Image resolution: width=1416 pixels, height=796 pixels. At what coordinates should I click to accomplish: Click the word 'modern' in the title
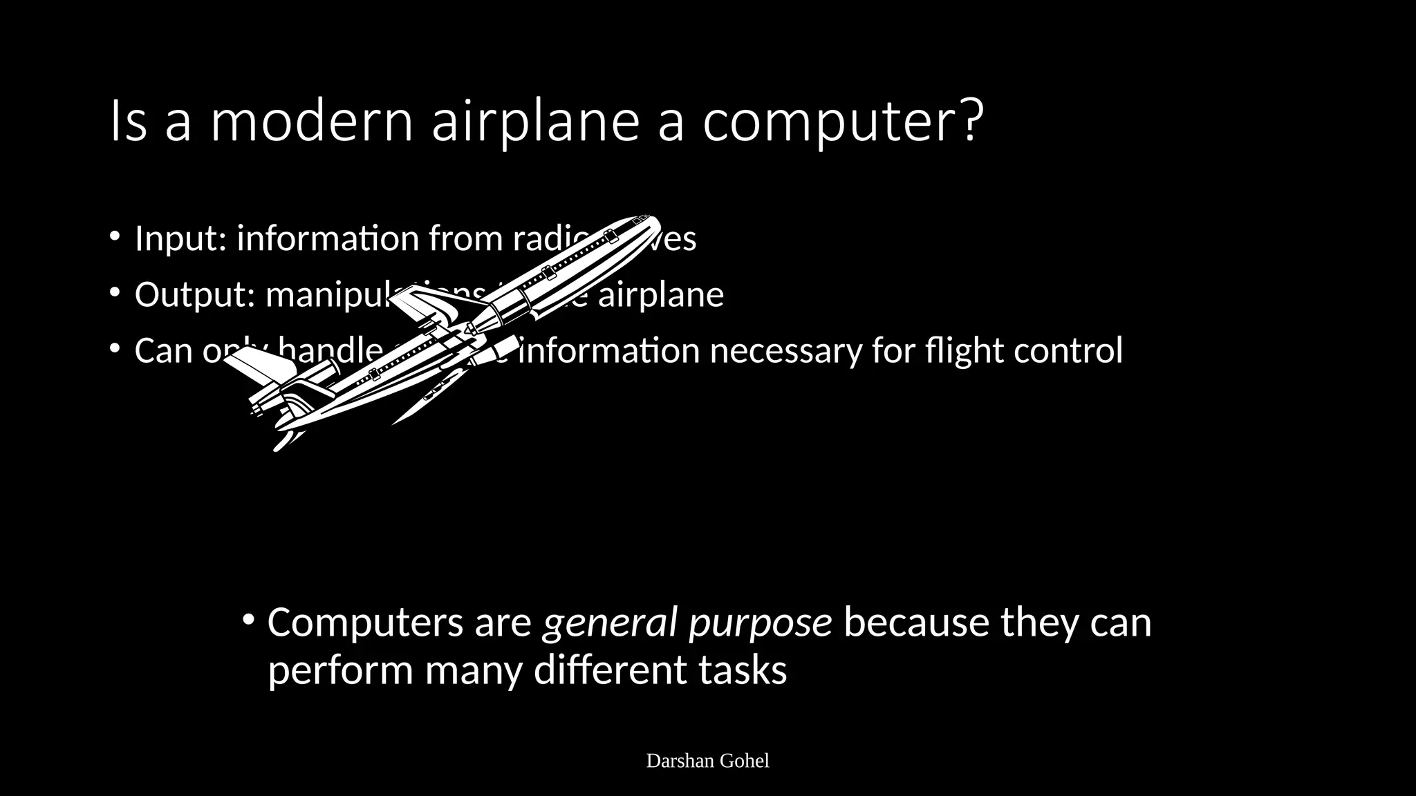tap(311, 122)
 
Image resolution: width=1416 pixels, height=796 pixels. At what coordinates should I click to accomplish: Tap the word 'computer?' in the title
tap(841, 122)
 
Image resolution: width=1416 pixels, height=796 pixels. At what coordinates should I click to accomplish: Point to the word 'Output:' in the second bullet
tap(195, 295)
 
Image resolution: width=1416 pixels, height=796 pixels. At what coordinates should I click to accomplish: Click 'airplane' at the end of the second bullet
tap(660, 295)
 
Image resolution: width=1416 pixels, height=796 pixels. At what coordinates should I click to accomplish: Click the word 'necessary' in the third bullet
tap(785, 350)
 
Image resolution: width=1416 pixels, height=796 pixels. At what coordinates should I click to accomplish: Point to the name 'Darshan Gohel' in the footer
tap(707, 761)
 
